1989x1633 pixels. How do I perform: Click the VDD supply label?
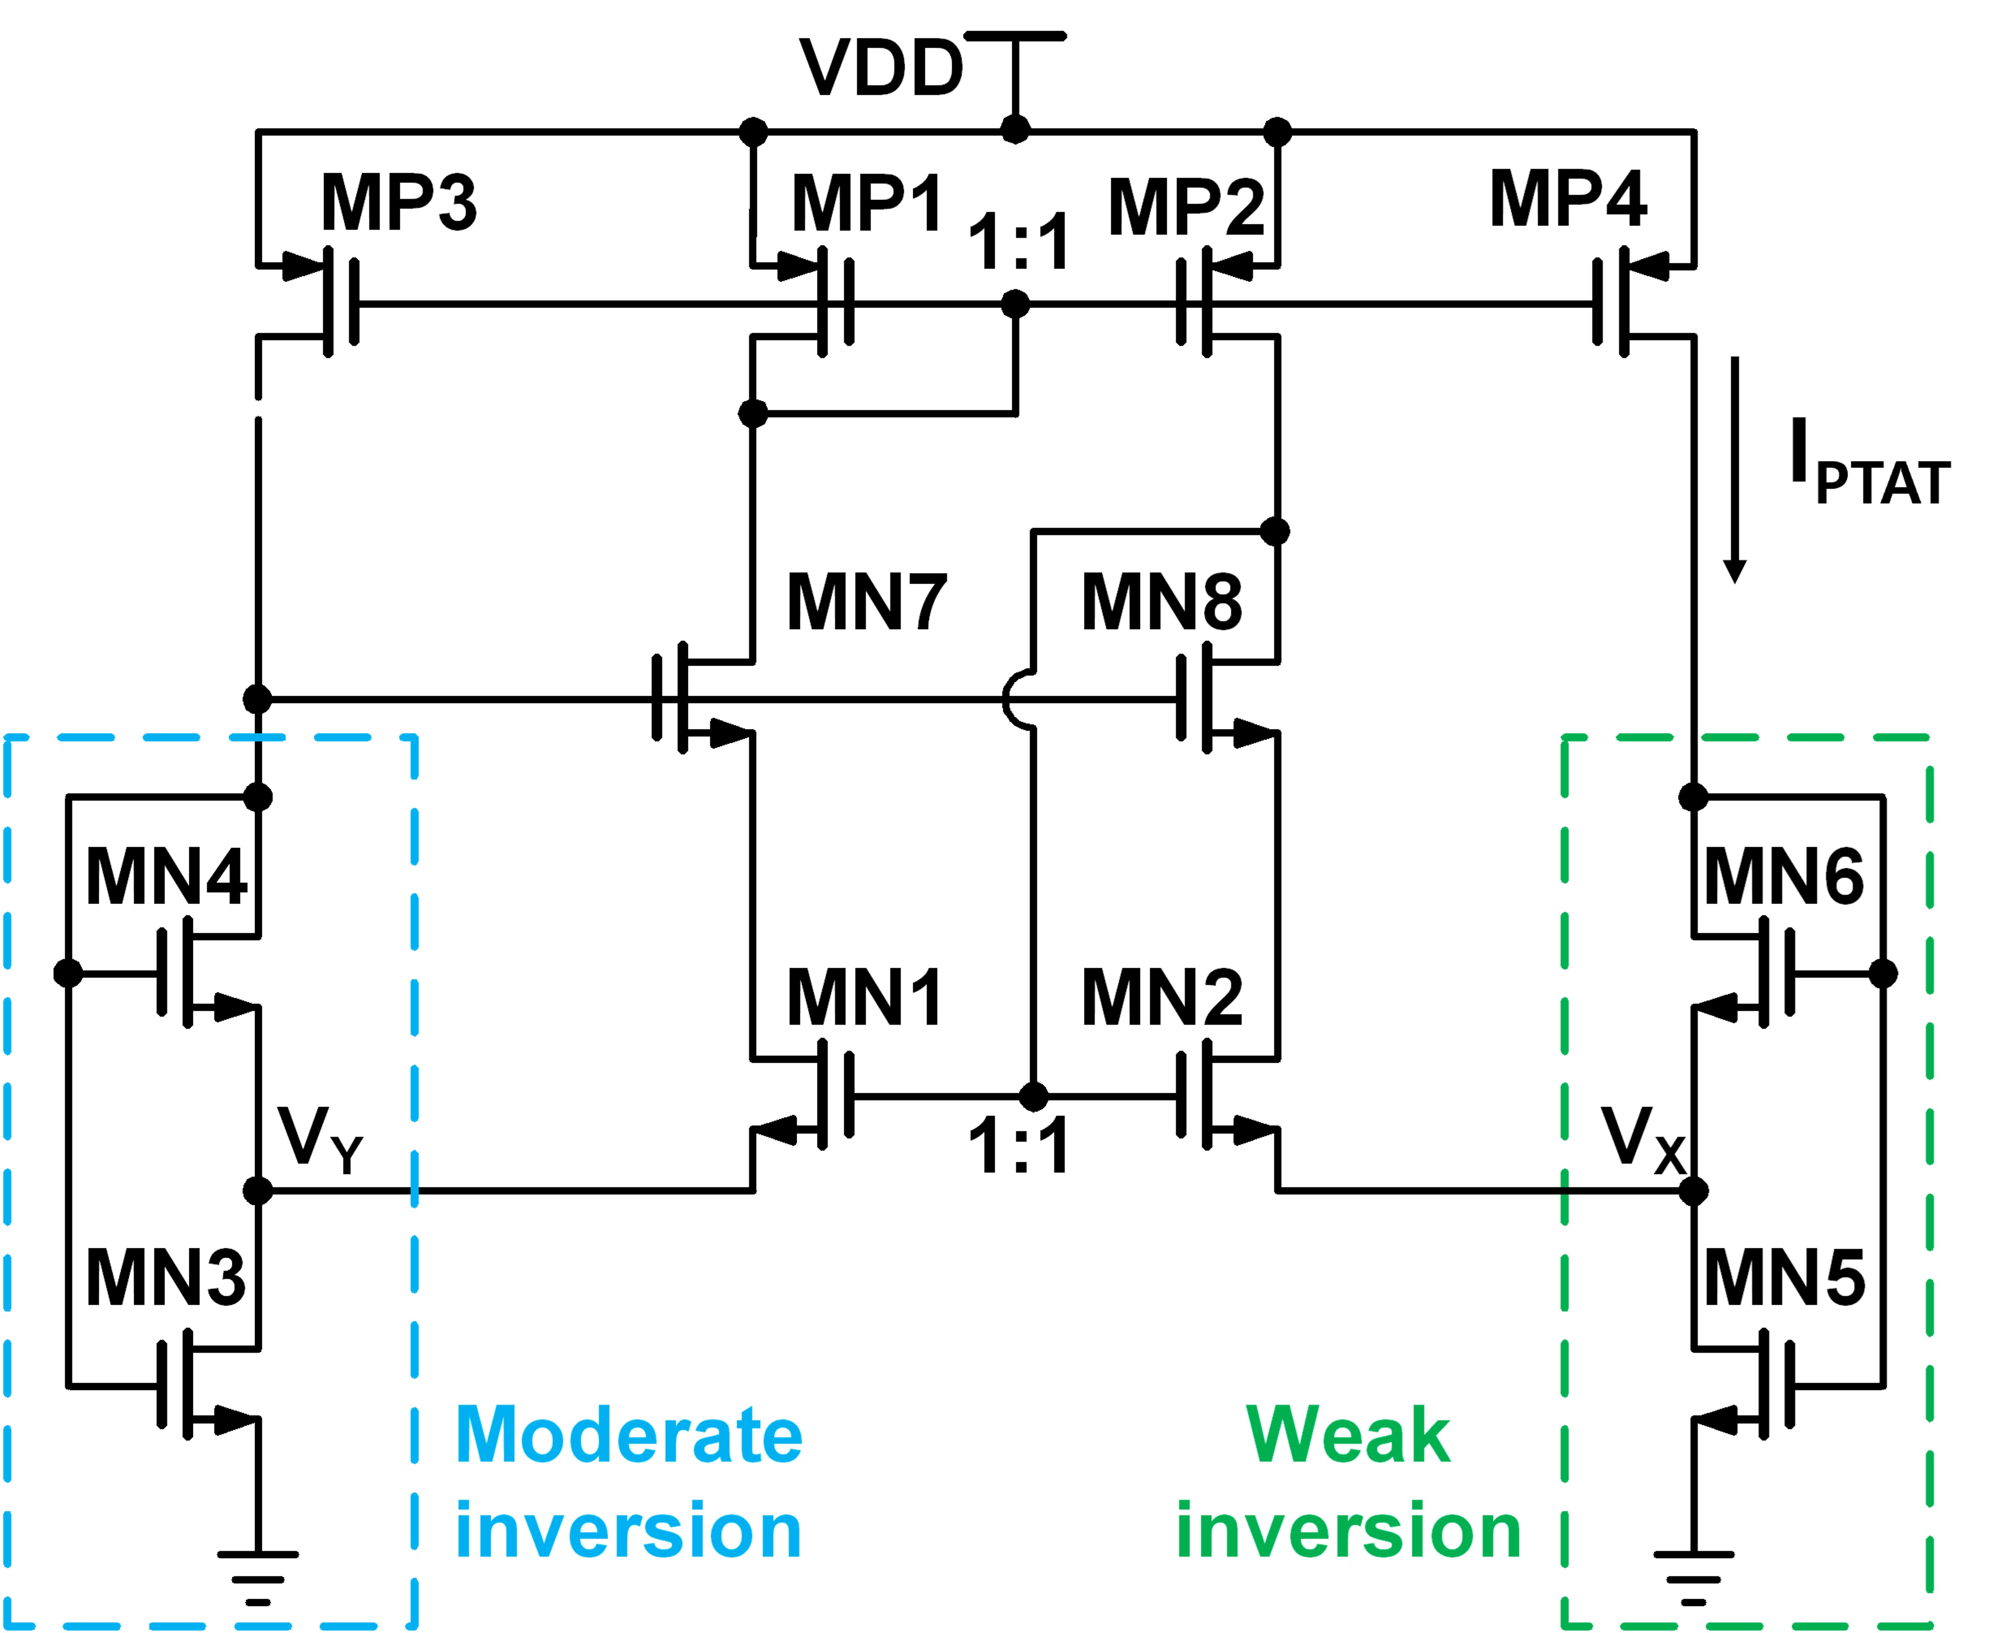pos(881,68)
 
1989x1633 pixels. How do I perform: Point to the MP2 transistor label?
pos(1187,207)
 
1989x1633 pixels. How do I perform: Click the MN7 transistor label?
pos(866,602)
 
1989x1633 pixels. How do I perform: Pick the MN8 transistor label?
pos(1161,602)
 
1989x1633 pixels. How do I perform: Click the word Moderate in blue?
pos(628,1436)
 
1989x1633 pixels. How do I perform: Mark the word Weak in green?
pos(1348,1436)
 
